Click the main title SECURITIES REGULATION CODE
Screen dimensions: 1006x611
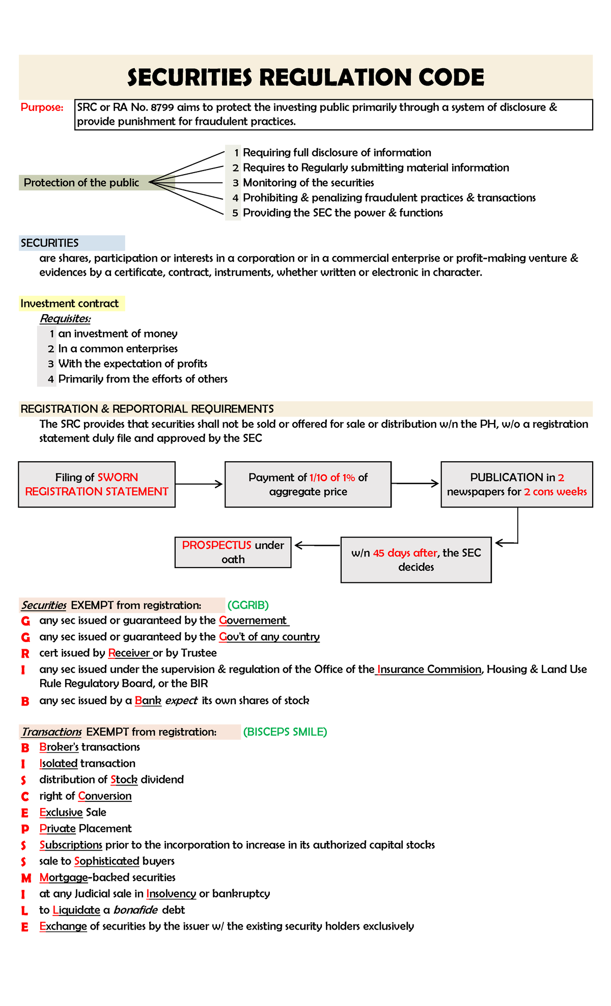pyautogui.click(x=305, y=77)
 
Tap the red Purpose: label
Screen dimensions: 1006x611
pyautogui.click(x=42, y=107)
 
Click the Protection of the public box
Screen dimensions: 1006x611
pyautogui.click(x=81, y=183)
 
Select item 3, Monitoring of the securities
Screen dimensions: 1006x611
pyautogui.click(x=308, y=183)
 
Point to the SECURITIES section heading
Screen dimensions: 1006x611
pyautogui.click(x=49, y=243)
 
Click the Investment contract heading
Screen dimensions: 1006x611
pyautogui.click(x=69, y=304)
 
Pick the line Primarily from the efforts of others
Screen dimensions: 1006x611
pyautogui.click(x=143, y=379)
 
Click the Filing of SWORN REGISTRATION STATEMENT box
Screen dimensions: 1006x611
pyautogui.click(x=97, y=484)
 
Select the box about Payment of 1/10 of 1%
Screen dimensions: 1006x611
pyautogui.click(x=308, y=484)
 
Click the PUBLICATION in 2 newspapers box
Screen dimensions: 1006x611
pyautogui.click(x=517, y=484)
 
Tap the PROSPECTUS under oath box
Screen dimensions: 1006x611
pyautogui.click(x=233, y=552)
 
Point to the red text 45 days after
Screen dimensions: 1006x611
pyautogui.click(x=405, y=553)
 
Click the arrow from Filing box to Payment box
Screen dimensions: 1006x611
pyautogui.click(x=199, y=484)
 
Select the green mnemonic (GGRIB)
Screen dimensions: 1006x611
pyautogui.click(x=248, y=605)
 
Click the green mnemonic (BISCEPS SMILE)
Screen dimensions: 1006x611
pyautogui.click(x=285, y=732)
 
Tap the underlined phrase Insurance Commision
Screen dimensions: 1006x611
pyautogui.click(x=429, y=669)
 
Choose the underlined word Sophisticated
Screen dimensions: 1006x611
pyautogui.click(x=106, y=861)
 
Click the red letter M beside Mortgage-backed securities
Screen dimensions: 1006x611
pyautogui.click(x=26, y=878)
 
